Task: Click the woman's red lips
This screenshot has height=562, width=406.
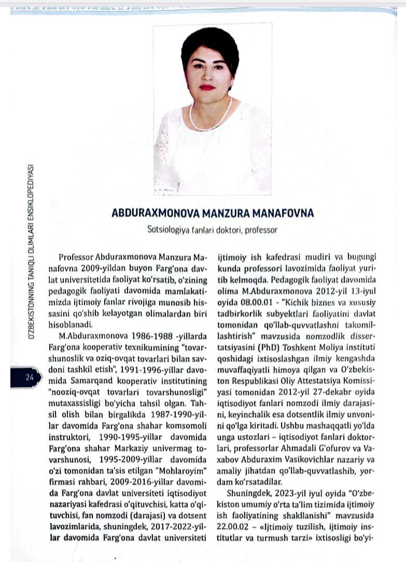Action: pos(207,87)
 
